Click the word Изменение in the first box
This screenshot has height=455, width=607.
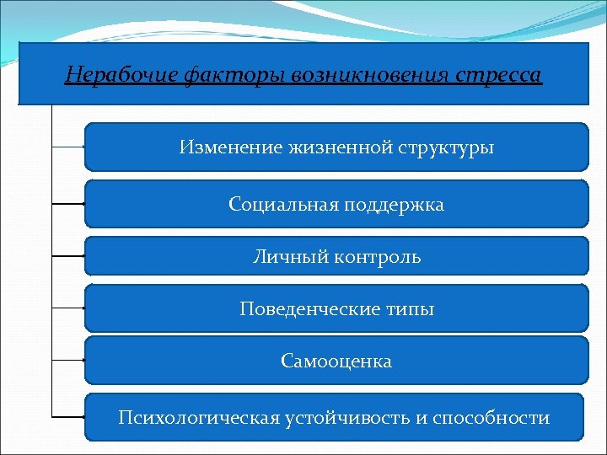[x=223, y=147]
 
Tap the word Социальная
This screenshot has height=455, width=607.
[x=282, y=204]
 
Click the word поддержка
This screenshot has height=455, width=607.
[x=394, y=204]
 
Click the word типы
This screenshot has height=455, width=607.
[x=411, y=309]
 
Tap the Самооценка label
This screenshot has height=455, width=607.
[x=336, y=361]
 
